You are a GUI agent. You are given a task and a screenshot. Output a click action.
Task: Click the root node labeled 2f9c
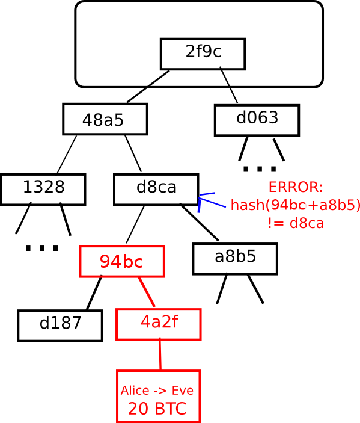203,54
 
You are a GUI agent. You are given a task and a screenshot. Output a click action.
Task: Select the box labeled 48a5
105,119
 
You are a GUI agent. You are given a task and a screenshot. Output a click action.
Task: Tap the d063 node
257,120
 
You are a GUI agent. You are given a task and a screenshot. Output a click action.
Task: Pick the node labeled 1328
43,190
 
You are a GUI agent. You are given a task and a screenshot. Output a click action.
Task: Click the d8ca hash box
156,190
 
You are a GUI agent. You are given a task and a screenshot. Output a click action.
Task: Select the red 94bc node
122,261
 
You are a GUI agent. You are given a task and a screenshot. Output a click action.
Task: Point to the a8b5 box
235,259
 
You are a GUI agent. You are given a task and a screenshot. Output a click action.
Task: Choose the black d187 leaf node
60,326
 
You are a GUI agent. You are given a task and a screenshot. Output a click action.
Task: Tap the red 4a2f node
159,324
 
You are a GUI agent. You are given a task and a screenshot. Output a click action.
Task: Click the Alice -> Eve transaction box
159,397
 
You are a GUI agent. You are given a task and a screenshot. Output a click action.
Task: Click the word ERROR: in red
296,187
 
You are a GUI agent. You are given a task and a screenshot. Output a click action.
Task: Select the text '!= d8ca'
296,223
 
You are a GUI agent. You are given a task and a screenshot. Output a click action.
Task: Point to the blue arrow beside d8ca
212,202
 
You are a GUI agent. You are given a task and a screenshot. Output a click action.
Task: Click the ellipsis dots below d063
260,169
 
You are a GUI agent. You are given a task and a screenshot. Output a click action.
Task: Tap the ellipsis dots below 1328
41,248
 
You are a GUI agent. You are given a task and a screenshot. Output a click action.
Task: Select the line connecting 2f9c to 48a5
148,86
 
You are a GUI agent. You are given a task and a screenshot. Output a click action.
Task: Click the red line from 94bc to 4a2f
147,292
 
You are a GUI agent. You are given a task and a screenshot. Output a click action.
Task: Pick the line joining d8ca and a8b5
200,222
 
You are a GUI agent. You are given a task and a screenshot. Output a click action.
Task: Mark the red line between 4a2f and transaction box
160,354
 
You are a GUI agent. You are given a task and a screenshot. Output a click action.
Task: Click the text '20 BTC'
157,409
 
